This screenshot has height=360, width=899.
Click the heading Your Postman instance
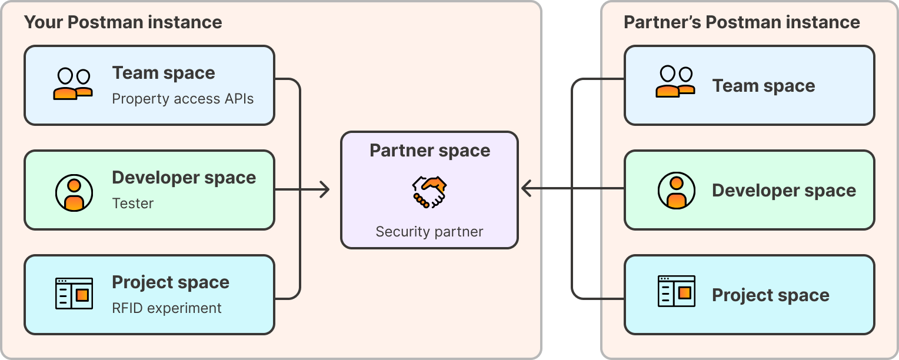(123, 22)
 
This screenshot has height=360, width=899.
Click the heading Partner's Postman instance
(741, 22)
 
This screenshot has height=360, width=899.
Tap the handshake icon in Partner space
(429, 192)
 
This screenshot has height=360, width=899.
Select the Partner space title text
(429, 151)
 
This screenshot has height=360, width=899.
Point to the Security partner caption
(429, 232)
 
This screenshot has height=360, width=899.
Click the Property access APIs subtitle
(183, 98)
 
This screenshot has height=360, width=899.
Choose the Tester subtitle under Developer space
(133, 204)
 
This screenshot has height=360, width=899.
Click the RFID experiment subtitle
(167, 308)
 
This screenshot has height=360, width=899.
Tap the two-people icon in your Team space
(74, 84)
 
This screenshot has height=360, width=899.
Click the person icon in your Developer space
(74, 192)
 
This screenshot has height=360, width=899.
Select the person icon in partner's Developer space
(676, 191)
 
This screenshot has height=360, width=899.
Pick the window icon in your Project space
(74, 294)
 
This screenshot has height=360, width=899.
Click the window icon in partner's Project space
(676, 291)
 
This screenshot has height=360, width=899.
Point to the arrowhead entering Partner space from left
(324, 189)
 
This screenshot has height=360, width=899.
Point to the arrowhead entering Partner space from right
(527, 189)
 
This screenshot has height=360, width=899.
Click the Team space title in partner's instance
(764, 86)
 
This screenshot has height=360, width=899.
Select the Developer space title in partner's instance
(784, 191)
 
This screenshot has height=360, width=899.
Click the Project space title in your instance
(171, 282)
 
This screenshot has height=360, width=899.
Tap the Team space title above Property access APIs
(164, 73)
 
